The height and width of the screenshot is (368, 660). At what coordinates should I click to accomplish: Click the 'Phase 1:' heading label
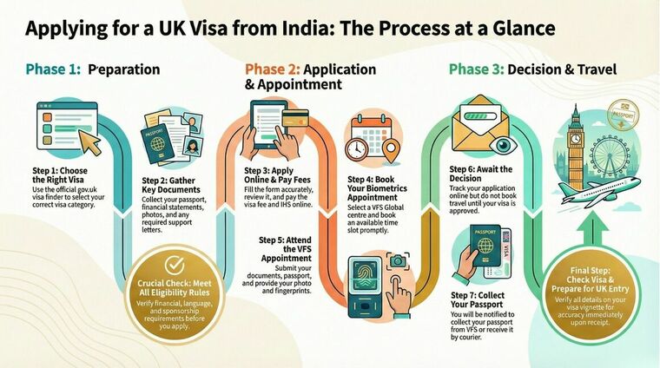tap(55, 69)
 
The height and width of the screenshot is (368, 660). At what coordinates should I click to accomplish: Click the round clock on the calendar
tap(356, 148)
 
